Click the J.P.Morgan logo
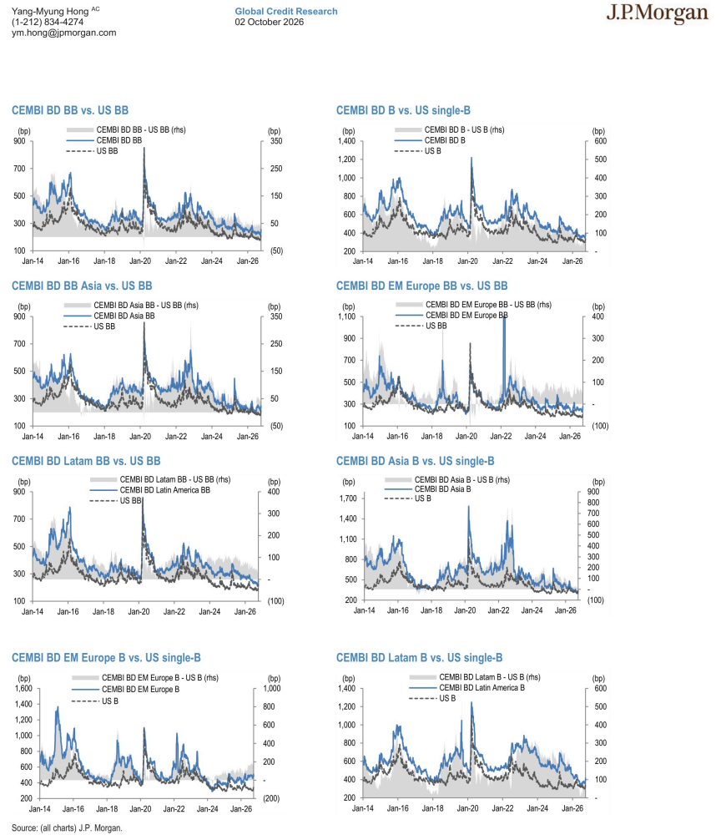(x=657, y=14)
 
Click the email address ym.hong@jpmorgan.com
(x=63, y=33)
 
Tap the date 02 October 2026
(x=270, y=22)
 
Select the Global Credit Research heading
(x=286, y=11)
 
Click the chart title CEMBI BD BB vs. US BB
(x=70, y=110)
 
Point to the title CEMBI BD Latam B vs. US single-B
(x=419, y=658)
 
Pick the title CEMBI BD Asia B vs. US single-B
(x=416, y=461)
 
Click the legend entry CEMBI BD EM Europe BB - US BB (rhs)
(x=488, y=304)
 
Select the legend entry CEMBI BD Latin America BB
(x=165, y=490)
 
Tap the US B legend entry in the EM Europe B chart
(x=110, y=701)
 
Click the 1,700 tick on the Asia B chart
(x=348, y=498)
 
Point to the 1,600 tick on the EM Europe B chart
(x=23, y=688)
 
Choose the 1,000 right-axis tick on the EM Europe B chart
(x=272, y=688)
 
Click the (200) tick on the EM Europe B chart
(x=271, y=798)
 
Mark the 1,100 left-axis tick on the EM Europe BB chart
(x=347, y=316)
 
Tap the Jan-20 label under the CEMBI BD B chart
(x=468, y=261)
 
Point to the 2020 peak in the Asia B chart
(x=469, y=507)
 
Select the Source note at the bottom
(x=67, y=828)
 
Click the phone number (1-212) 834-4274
(x=48, y=22)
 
